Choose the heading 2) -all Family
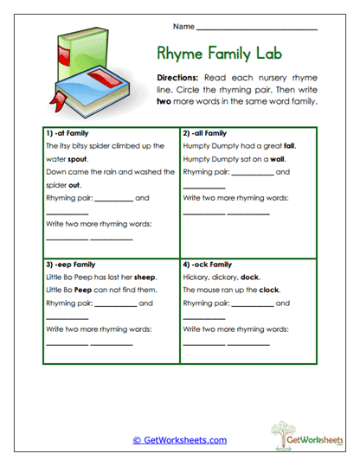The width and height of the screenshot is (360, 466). tap(204, 134)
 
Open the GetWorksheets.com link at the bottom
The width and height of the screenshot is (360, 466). tap(179, 440)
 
